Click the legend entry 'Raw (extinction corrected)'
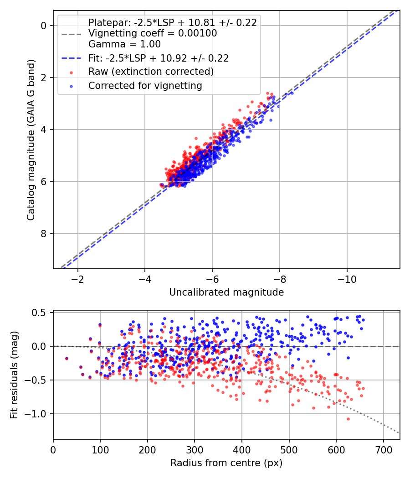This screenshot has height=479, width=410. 151,72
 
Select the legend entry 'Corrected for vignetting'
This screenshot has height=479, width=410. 145,85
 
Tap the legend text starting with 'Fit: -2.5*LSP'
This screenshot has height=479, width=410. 158,58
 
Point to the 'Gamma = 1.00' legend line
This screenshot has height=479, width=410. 124,44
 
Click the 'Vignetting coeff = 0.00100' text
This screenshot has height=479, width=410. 153,33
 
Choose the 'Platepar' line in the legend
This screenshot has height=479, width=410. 172,22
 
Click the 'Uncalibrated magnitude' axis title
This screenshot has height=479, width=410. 226,292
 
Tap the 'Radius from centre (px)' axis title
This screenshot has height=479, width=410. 226,463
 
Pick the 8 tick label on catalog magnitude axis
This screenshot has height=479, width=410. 44,234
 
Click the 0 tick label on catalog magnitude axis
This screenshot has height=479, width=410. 44,26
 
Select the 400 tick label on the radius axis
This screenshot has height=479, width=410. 242,449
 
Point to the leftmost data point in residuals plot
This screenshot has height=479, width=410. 67,359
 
